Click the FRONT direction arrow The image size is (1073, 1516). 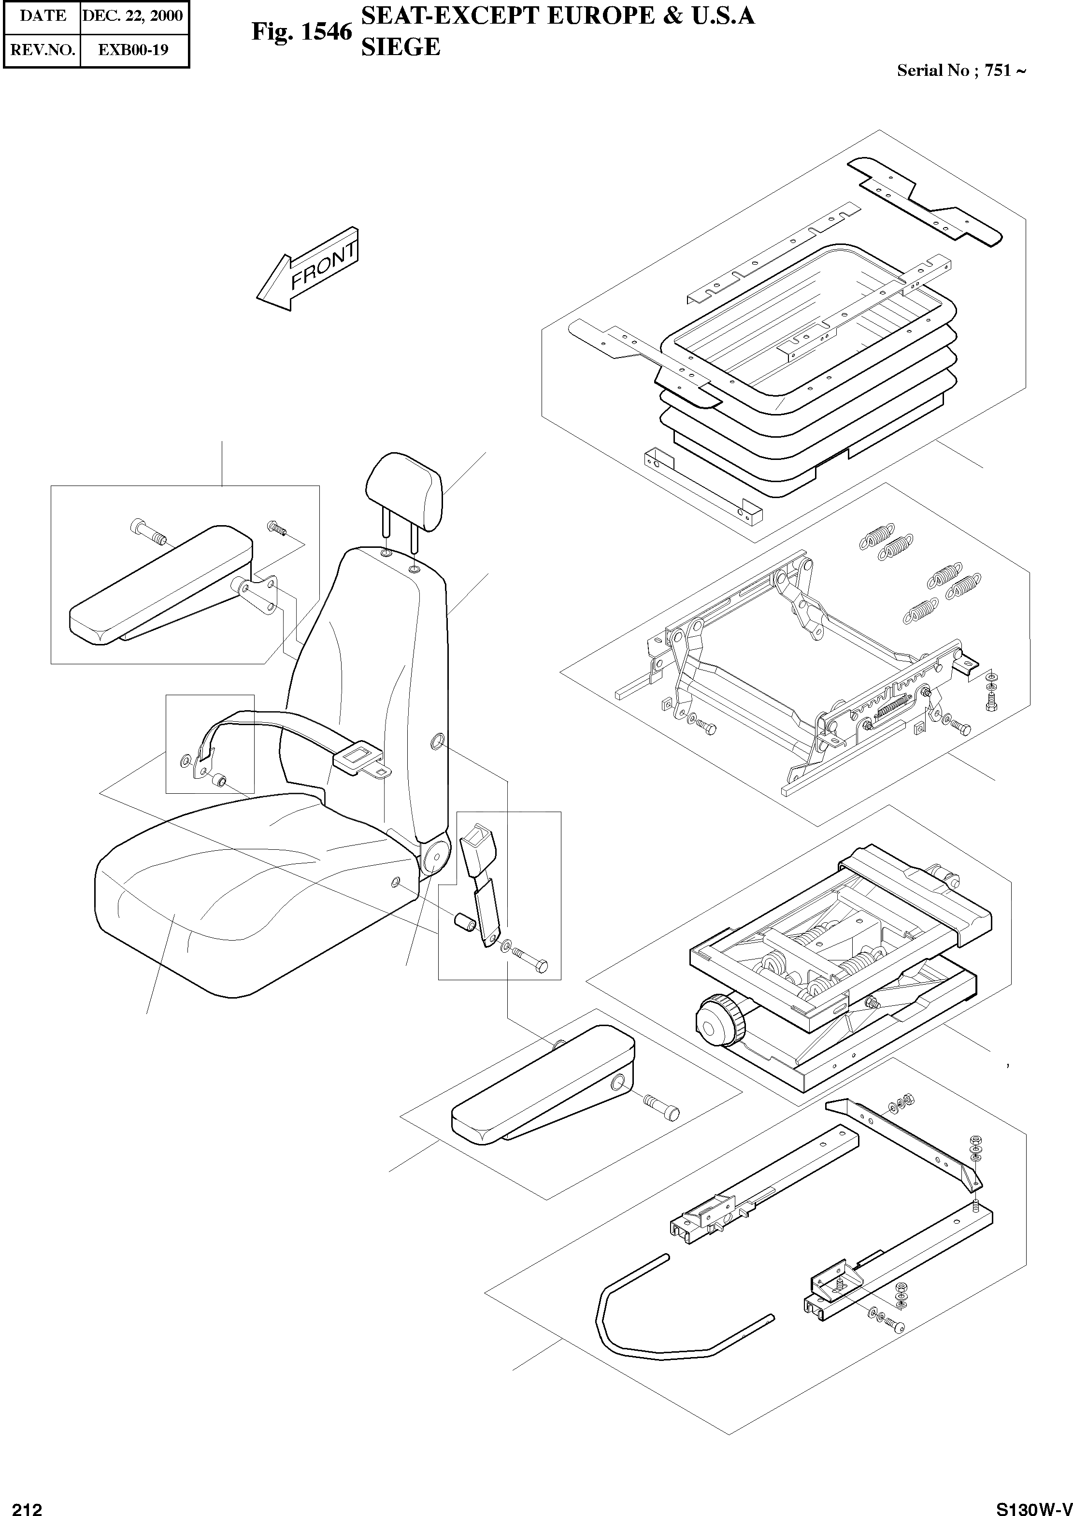[307, 271]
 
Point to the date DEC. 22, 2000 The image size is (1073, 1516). [132, 16]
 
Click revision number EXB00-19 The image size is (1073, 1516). [133, 50]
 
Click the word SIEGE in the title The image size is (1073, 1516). [401, 47]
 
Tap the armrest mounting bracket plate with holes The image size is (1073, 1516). [261, 593]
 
